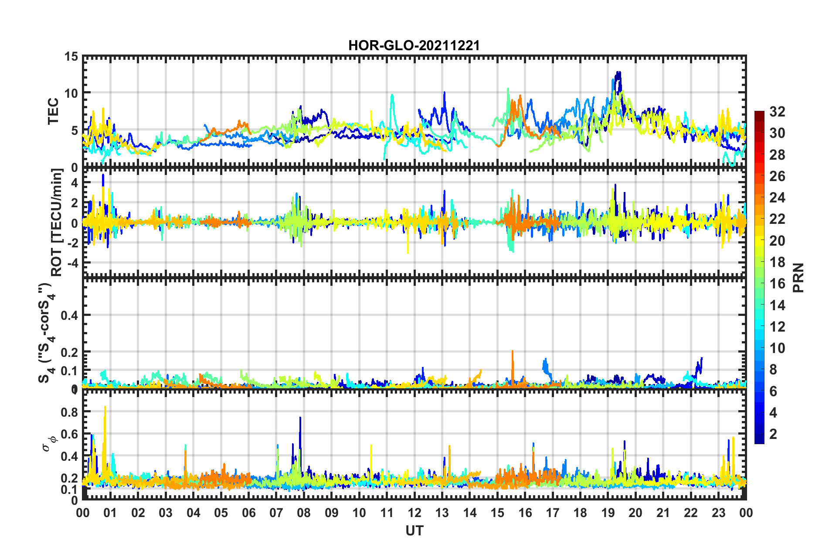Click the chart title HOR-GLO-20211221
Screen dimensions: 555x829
414,45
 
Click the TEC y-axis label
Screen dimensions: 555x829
53,111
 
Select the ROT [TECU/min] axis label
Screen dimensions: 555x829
57,222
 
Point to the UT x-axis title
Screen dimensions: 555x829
414,531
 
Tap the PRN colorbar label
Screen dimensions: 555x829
798,277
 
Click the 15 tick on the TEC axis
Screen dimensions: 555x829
71,57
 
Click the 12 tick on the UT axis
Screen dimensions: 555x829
414,513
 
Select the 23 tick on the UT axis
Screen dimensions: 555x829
718,513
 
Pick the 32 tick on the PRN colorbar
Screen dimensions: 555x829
777,112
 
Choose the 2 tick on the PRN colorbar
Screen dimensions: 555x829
773,434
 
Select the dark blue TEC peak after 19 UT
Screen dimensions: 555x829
618,73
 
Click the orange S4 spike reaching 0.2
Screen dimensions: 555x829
513,352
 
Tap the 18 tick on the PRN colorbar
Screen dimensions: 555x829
777,262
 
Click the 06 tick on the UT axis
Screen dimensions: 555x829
248,513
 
